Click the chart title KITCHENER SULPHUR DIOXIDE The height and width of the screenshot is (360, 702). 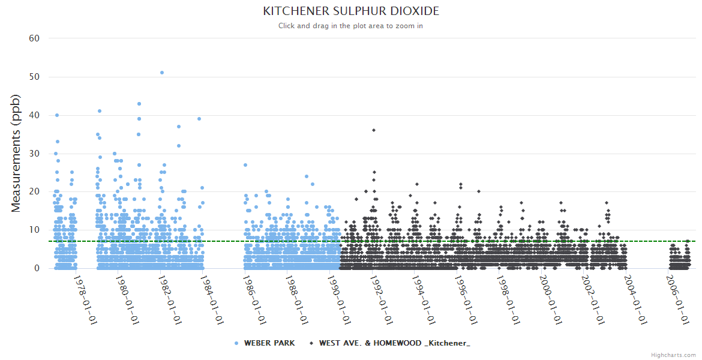click(x=351, y=11)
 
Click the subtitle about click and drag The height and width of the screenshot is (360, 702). click(x=351, y=26)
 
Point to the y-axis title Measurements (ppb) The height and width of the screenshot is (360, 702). click(x=16, y=154)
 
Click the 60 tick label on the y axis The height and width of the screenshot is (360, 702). click(x=34, y=38)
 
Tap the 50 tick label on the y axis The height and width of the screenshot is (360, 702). click(x=34, y=77)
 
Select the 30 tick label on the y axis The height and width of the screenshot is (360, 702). click(x=34, y=154)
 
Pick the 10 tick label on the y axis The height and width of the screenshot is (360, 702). click(x=34, y=230)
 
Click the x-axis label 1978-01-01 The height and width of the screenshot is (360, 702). click(x=85, y=300)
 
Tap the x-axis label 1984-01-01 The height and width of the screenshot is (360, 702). click(x=212, y=300)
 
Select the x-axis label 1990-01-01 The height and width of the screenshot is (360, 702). click(x=340, y=300)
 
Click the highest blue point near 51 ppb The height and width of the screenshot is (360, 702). click(x=162, y=73)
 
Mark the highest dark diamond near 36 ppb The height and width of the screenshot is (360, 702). click(x=373, y=130)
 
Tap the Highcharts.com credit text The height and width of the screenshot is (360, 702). click(x=673, y=355)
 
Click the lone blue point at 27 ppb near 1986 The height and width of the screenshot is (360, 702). click(x=245, y=165)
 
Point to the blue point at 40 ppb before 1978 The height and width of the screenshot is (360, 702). click(x=57, y=115)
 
